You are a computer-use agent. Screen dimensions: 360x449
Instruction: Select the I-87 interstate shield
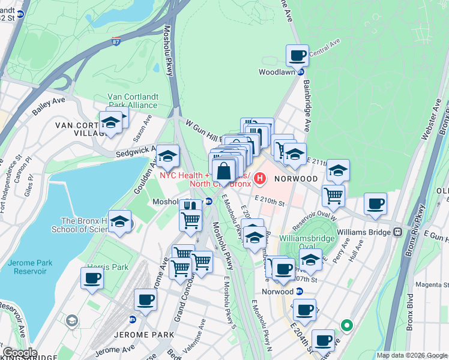coord(116,41)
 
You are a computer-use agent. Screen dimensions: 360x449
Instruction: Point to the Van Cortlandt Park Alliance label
coord(132,100)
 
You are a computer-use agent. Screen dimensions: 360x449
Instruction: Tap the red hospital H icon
coord(261,178)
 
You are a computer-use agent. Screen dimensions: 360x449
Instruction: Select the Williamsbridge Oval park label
coord(306,242)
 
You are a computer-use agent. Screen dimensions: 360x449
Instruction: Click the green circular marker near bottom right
coord(346,325)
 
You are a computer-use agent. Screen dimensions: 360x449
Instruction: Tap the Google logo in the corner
coord(20,353)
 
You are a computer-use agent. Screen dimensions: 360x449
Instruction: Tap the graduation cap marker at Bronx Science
coord(120,222)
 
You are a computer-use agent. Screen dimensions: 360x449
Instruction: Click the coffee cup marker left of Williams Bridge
coord(376,203)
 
